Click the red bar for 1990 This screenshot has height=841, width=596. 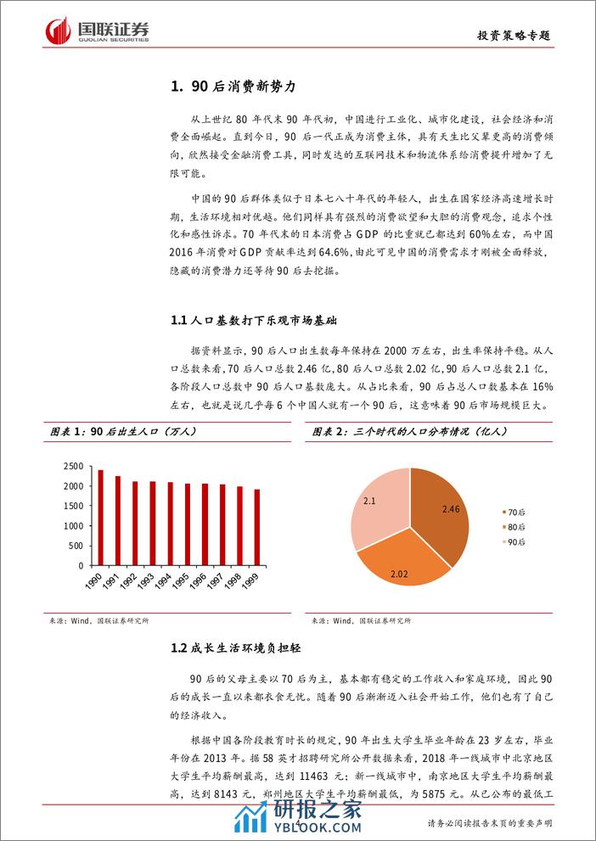101,518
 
